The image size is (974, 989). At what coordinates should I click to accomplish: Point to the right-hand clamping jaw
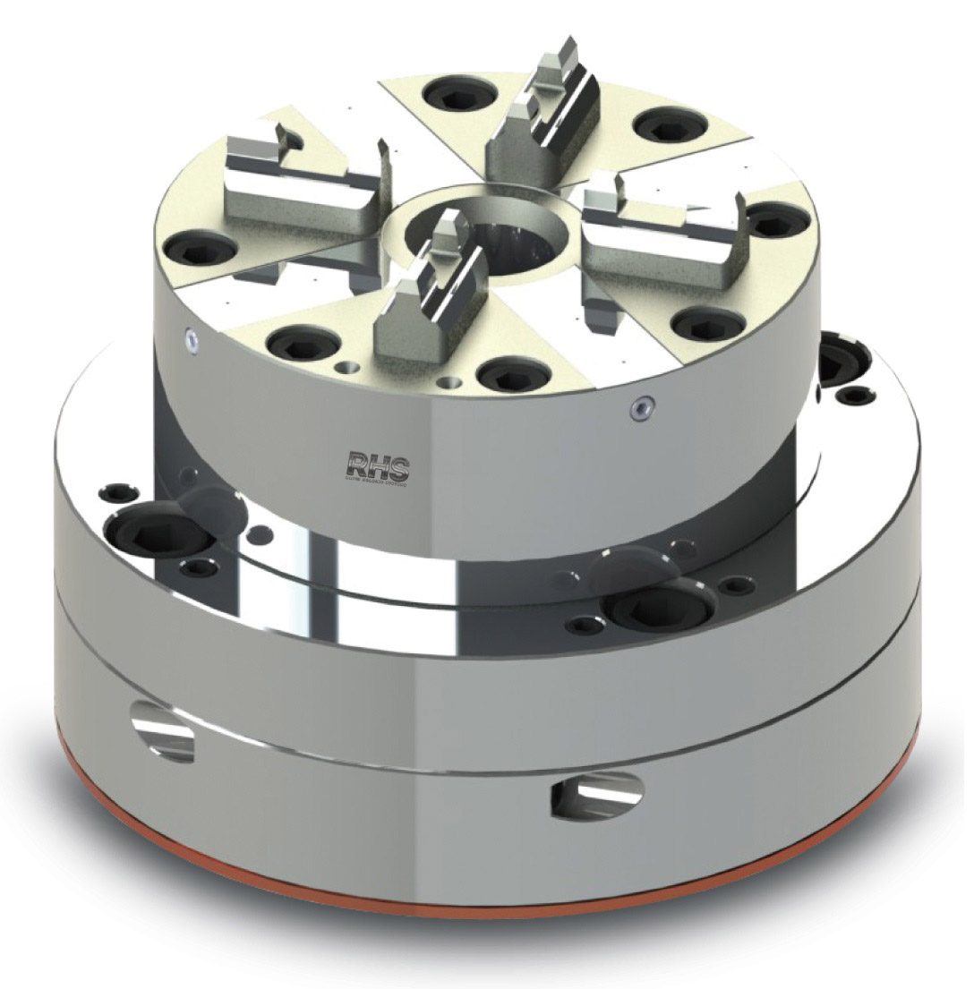tap(662, 219)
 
